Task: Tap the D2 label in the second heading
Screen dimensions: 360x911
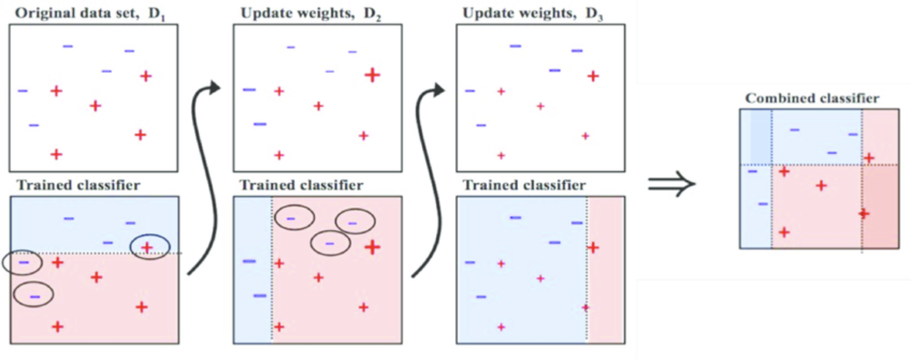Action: coord(372,14)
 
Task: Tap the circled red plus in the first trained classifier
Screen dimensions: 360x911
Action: coord(147,247)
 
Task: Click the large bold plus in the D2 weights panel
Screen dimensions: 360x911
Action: coord(372,75)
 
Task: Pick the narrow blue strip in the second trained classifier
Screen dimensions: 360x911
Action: coord(252,316)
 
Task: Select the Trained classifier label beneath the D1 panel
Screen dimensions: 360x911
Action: coord(78,185)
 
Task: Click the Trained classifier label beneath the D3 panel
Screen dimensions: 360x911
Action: coord(524,185)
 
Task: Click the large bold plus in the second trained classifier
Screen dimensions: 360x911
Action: coord(372,247)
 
